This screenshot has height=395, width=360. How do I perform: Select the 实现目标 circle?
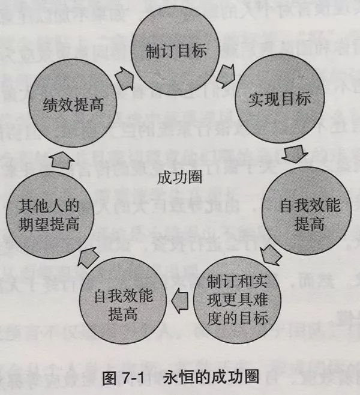[x=278, y=99]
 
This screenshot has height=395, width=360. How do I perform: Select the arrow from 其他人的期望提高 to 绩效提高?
[x=62, y=158]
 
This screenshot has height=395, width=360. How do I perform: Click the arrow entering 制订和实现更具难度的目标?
[x=272, y=252]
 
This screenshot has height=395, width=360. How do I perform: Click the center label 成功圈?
[x=180, y=177]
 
